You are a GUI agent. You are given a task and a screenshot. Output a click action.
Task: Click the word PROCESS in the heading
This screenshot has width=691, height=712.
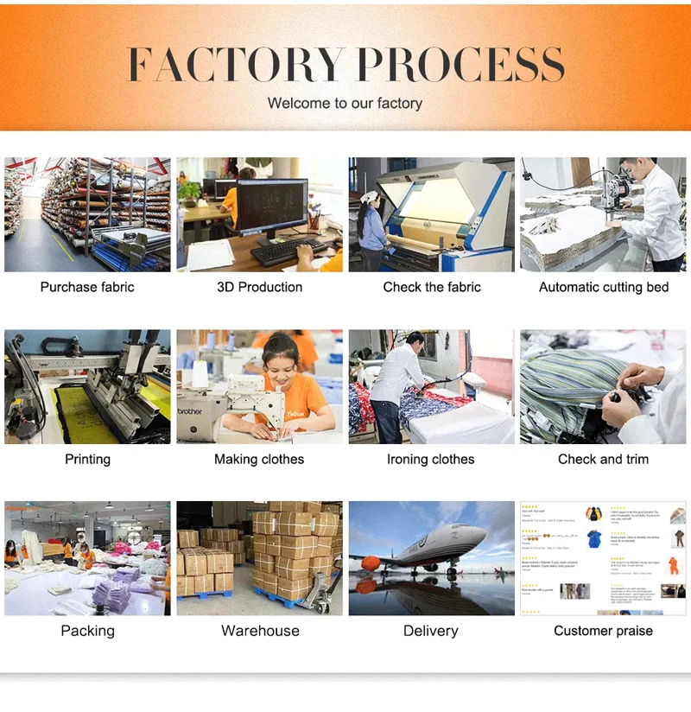460,65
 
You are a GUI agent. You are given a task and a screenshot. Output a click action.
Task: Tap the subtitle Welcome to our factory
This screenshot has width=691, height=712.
345,103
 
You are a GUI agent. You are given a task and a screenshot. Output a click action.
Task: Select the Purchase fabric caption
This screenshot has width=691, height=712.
87,287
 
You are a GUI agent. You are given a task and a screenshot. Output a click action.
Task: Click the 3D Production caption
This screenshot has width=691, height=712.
259,287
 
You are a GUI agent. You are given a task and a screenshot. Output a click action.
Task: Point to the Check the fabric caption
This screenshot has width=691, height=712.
431,287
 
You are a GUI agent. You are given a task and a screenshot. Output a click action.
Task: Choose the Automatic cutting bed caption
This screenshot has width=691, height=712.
603,287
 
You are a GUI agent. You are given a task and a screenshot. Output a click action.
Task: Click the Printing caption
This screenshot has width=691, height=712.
87,459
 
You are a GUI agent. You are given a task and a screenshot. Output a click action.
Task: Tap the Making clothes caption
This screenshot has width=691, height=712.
259,459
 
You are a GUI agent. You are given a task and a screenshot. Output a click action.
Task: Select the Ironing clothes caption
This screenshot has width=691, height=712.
430,459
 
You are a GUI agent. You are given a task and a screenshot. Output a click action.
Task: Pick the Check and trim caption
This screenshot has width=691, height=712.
603,459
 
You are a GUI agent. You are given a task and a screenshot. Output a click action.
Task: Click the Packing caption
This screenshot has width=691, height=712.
87,631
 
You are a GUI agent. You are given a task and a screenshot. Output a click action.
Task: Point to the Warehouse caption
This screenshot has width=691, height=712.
260,631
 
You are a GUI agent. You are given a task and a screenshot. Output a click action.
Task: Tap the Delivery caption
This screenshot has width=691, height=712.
430,631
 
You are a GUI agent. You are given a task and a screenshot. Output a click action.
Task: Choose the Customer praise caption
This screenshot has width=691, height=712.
603,631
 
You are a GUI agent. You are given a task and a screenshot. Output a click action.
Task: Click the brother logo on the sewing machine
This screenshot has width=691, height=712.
192,411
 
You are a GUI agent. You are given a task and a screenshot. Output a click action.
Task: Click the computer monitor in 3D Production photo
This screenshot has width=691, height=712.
271,206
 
